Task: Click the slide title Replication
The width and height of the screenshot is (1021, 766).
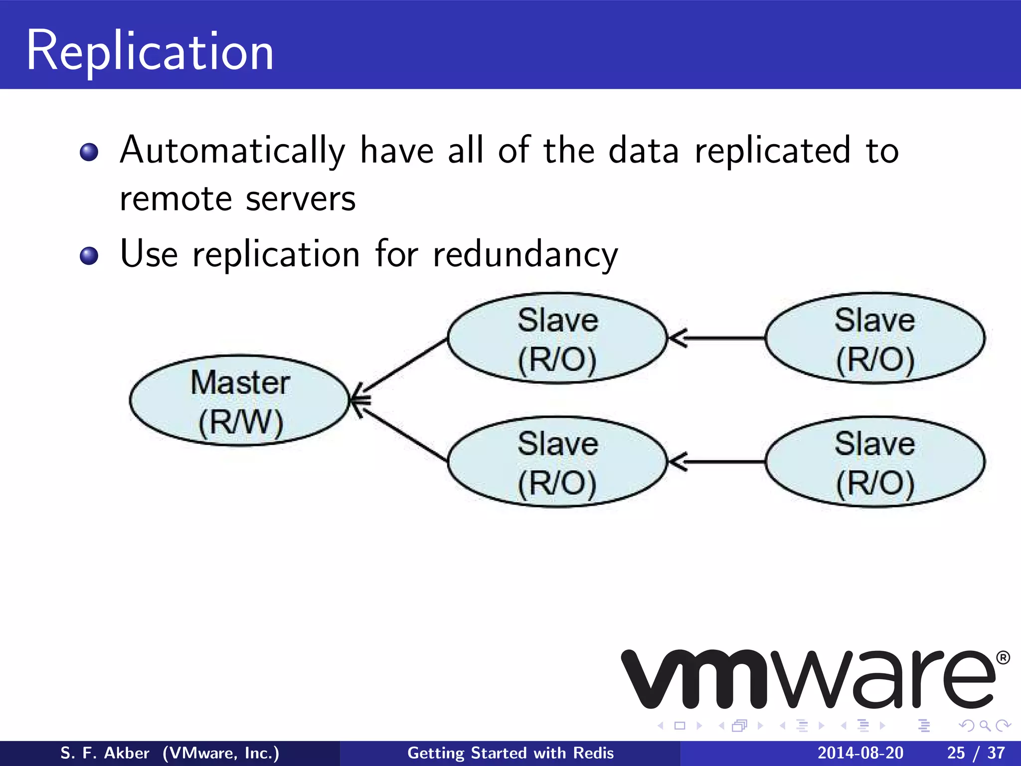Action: pos(150,51)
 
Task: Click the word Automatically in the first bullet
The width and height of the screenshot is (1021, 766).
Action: pos(232,151)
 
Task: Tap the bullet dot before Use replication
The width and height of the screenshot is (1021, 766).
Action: pos(89,256)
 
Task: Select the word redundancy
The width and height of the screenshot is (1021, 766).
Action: pos(525,255)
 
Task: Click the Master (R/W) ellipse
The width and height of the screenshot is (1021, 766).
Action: pos(239,400)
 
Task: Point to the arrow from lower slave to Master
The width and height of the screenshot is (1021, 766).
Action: pos(401,431)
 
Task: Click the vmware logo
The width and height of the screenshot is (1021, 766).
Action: pos(808,679)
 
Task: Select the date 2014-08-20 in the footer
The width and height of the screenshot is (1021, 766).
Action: pos(860,753)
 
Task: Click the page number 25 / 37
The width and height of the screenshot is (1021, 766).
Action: pos(976,753)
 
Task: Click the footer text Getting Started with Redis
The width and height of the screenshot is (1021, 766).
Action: pos(510,753)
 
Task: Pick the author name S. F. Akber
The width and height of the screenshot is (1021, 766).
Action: pos(105,753)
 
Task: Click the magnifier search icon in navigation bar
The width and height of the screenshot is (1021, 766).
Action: pos(985,726)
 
